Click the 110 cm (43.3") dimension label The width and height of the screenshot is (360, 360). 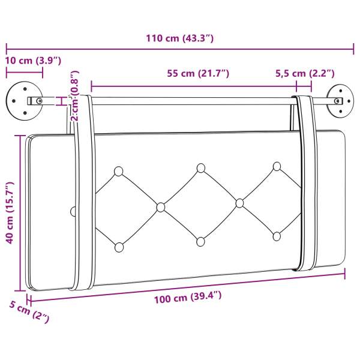(x=180, y=38)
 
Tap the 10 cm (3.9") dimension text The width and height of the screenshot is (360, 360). (x=33, y=61)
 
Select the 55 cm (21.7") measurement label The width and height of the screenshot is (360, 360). (x=198, y=73)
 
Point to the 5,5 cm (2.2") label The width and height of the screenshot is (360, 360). (x=305, y=73)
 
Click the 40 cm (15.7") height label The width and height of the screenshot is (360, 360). (x=10, y=212)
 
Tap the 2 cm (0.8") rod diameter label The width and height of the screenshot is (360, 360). (x=74, y=96)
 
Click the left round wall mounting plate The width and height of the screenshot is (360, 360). (x=25, y=101)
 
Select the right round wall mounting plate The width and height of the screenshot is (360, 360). (x=340, y=101)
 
